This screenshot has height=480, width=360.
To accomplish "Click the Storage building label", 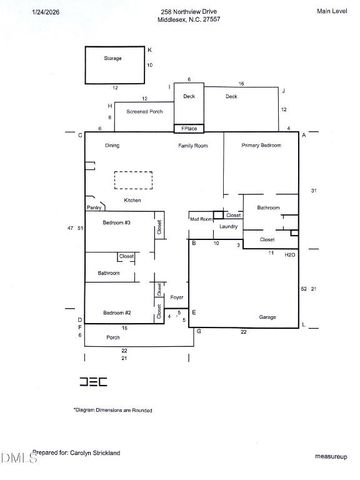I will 113,59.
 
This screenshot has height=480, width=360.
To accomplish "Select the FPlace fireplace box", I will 188,129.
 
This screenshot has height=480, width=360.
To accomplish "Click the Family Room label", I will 193,146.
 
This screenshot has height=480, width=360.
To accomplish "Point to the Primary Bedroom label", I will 261,146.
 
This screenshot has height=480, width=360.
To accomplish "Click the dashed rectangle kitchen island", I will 132,180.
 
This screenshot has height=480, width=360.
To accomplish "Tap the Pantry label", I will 94,208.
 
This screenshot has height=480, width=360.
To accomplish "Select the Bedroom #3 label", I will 116,222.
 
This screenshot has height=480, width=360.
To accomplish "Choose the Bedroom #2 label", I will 116,314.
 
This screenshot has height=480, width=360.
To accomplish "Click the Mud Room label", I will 200,218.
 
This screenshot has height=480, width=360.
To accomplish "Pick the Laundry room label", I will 228,227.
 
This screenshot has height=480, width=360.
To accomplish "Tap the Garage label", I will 267,317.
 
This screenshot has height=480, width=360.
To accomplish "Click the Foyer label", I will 177,297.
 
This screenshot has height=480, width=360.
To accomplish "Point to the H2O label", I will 289,255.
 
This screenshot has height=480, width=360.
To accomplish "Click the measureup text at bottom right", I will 329,455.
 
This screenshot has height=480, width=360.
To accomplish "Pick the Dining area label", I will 112,146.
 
